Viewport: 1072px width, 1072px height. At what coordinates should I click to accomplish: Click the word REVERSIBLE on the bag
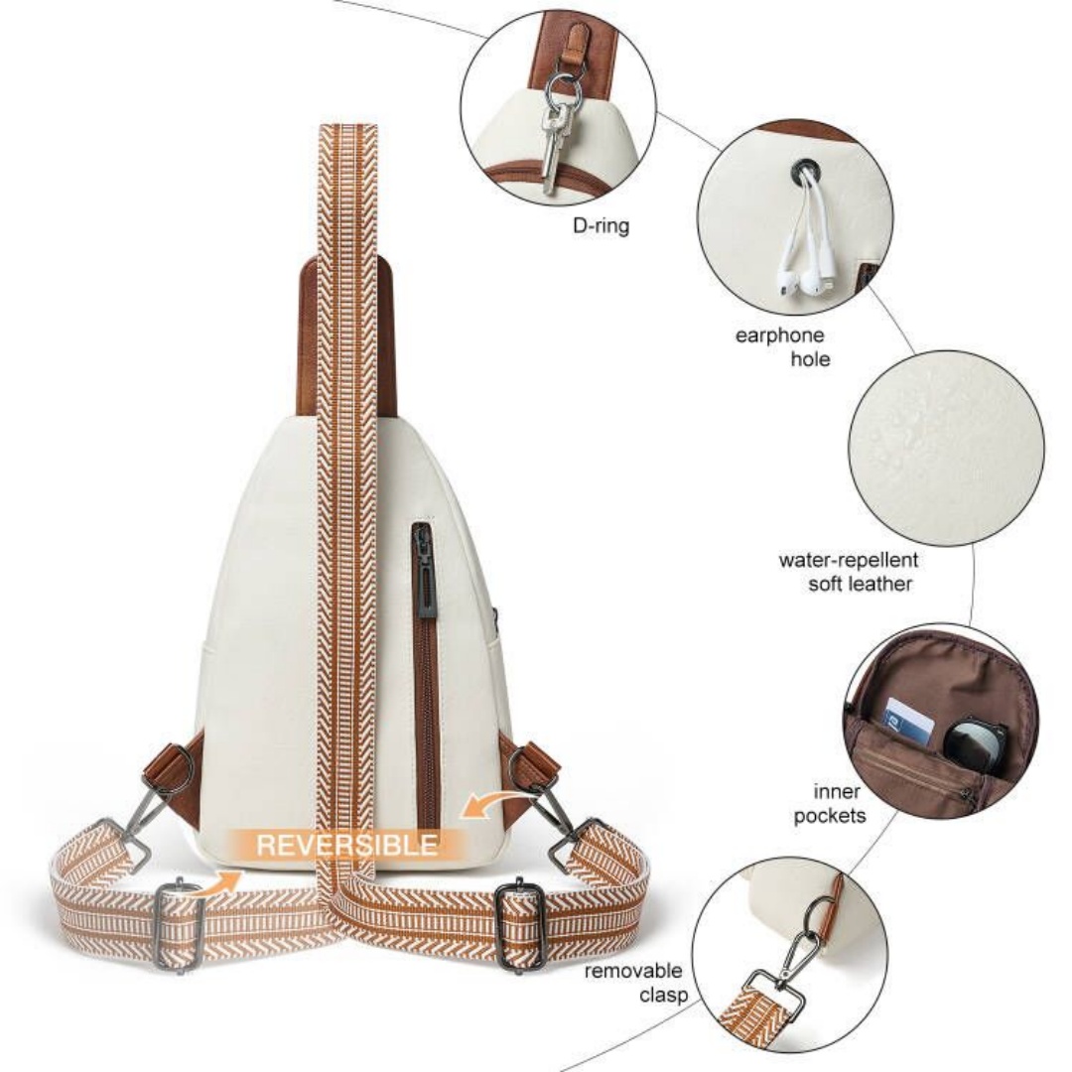click(x=346, y=845)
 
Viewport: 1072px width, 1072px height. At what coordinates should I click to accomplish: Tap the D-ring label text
click(x=601, y=225)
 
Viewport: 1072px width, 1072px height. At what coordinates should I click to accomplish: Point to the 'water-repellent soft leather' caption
click(x=848, y=572)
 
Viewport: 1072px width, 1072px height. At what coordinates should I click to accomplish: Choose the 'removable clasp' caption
click(x=636, y=982)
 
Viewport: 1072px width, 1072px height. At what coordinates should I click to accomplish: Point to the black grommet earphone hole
click(x=803, y=170)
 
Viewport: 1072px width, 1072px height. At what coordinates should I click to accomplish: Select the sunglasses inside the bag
click(x=976, y=741)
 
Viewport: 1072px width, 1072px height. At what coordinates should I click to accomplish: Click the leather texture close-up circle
click(x=946, y=449)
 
